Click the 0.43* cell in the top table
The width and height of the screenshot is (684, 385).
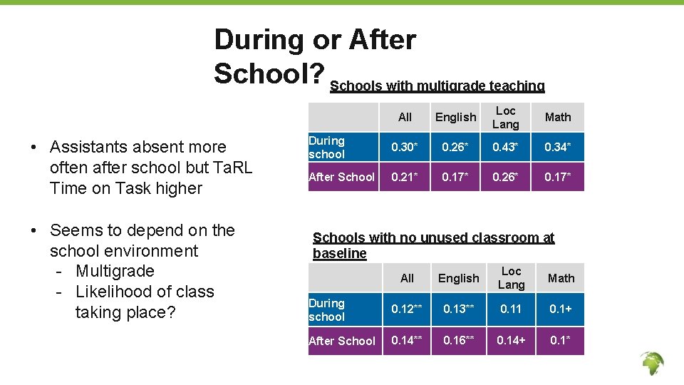click(506, 148)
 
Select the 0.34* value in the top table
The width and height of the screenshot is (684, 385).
click(558, 148)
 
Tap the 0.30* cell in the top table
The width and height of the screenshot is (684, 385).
click(405, 148)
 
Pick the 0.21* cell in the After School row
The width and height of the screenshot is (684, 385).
click(405, 177)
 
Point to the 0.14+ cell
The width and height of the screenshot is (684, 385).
click(511, 340)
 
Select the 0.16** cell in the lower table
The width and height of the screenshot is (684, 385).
click(459, 340)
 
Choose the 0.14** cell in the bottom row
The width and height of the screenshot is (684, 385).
click(407, 340)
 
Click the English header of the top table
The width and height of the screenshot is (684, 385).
click(455, 117)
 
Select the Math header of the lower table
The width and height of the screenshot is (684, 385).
click(561, 278)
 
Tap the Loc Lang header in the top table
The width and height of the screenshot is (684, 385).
click(506, 117)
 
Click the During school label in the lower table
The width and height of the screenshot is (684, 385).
click(326, 310)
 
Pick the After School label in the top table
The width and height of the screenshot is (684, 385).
click(341, 177)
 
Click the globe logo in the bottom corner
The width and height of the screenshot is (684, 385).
click(651, 364)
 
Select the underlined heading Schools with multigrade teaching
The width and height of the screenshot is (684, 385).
click(437, 86)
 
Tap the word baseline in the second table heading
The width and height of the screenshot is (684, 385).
click(340, 253)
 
